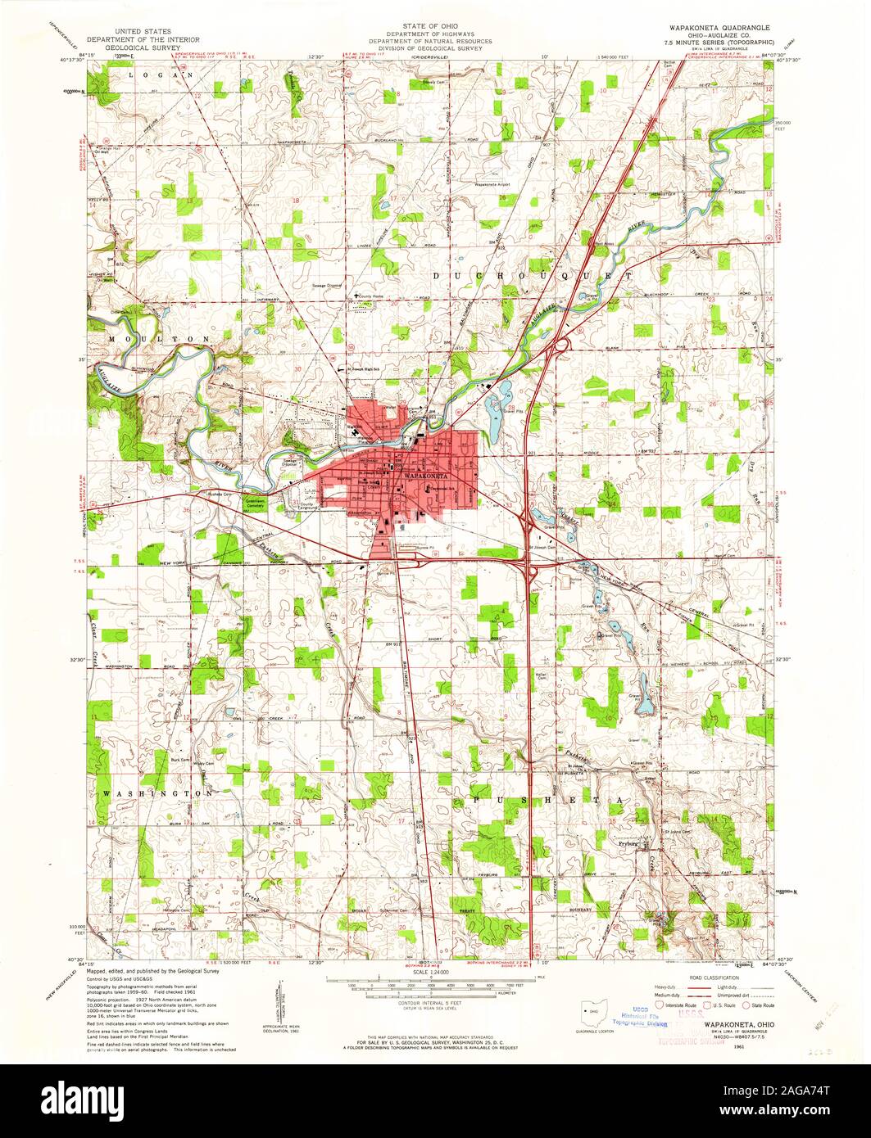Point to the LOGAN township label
coord(161,75)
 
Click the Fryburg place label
coord(628,842)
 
